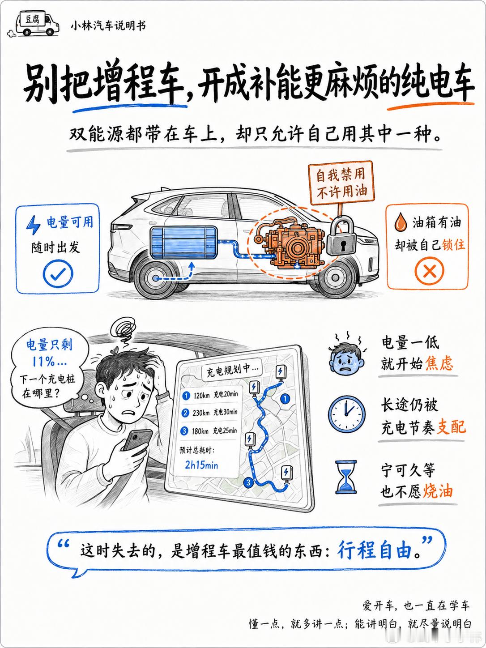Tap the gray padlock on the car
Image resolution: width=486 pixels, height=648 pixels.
coord(342,237)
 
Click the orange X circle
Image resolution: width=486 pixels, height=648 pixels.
coord(429,271)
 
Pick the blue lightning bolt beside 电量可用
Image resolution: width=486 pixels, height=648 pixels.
coord(34,225)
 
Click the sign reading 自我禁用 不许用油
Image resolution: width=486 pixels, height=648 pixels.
coord(341,183)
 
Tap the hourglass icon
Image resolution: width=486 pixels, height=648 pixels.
coord(346,477)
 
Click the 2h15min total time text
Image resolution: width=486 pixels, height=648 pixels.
coord(201,465)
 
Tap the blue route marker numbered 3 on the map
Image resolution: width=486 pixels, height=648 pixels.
coord(248,482)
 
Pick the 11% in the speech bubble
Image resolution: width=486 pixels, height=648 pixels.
coord(49,361)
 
